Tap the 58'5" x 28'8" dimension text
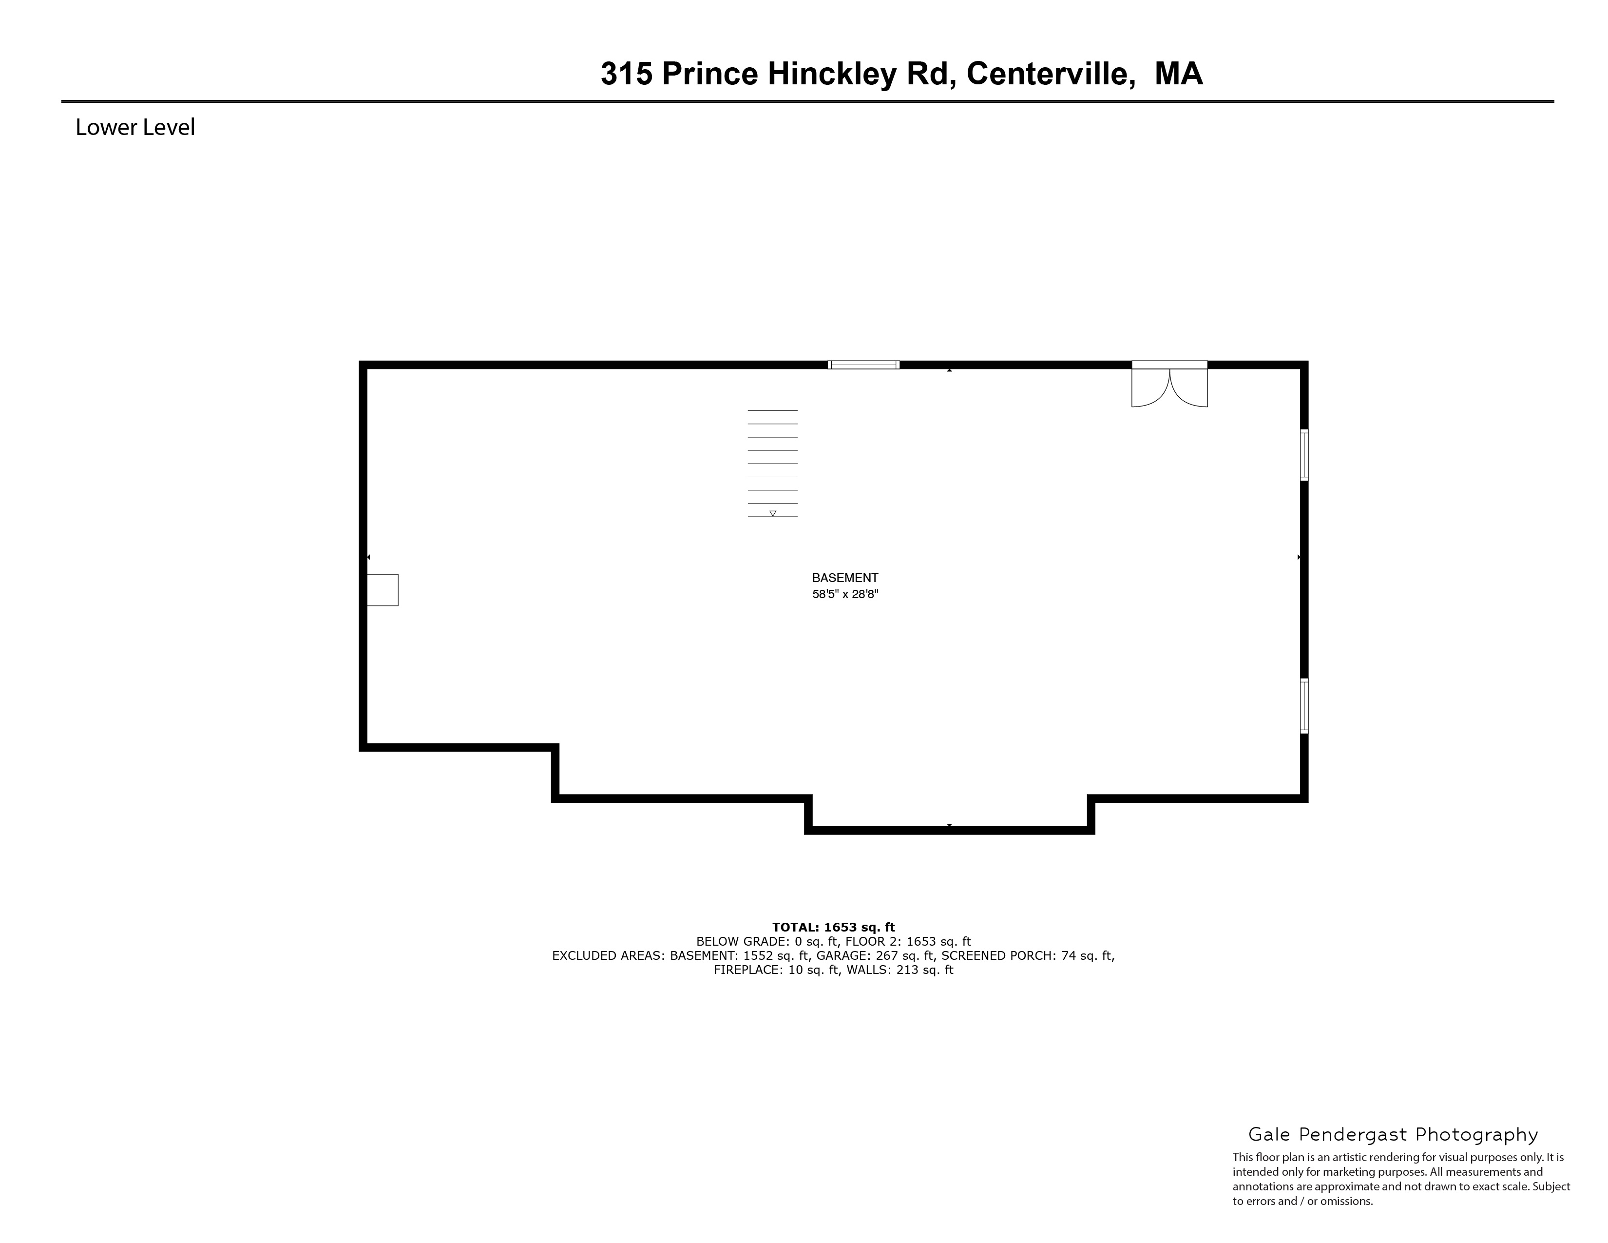coord(845,594)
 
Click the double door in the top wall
coord(1169,385)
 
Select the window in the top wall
coord(863,365)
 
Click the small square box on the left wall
coord(383,590)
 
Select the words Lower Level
coord(135,127)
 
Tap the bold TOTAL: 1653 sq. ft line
coord(833,927)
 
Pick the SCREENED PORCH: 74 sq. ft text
coord(1028,956)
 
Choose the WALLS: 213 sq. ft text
coord(900,970)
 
